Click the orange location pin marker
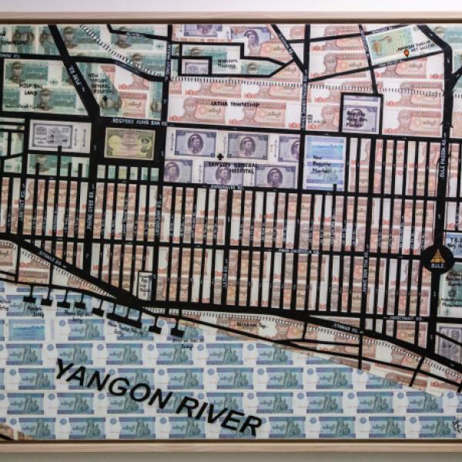pyautogui.click(x=406, y=53)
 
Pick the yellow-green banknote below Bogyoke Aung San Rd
pyautogui.click(x=129, y=143)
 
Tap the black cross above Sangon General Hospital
pyautogui.click(x=221, y=157)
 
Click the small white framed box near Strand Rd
pyautogui.click(x=144, y=284)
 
